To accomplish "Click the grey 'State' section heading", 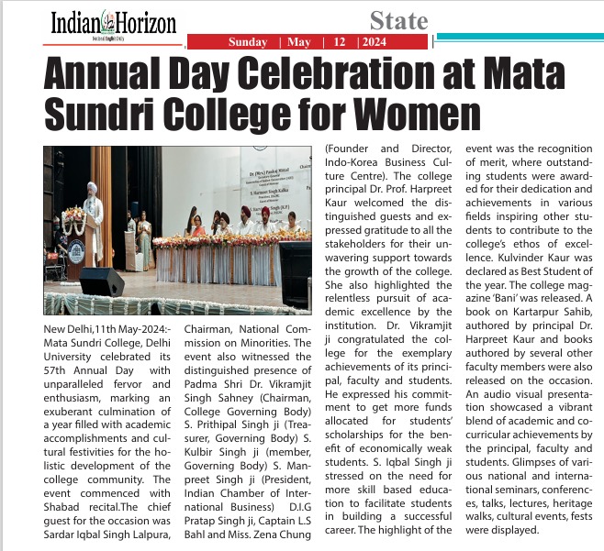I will click(x=398, y=20).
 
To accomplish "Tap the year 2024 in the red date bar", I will click(x=373, y=42).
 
